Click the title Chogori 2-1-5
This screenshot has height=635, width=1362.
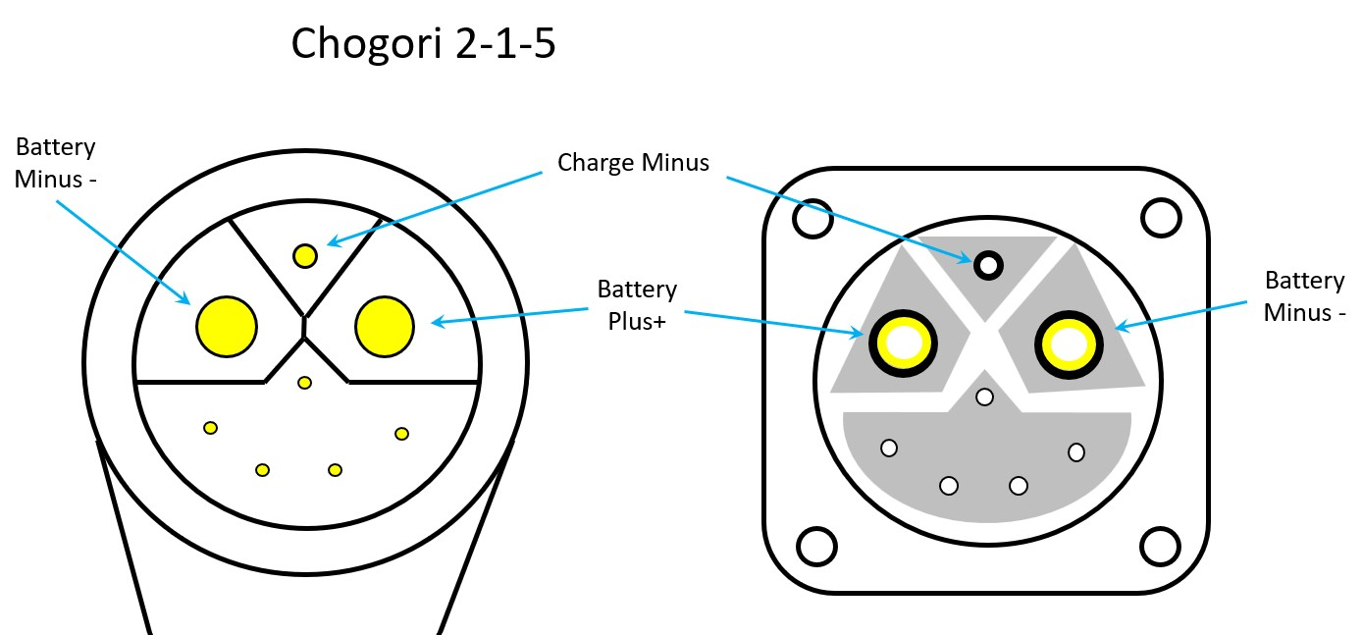[x=424, y=44]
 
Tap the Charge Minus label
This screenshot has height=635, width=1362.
[x=633, y=162]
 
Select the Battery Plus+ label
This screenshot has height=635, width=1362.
[x=637, y=304]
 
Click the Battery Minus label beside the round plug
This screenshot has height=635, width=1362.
[x=55, y=163]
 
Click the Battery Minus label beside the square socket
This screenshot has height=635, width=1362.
[x=1303, y=296]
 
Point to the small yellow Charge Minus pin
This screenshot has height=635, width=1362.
[x=305, y=256]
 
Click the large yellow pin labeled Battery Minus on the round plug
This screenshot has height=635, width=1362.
[x=226, y=326]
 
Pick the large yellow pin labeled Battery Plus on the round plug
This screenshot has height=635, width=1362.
[x=385, y=326]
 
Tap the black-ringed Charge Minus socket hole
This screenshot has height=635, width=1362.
[x=987, y=264]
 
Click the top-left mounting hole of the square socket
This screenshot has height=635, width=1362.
[x=812, y=219]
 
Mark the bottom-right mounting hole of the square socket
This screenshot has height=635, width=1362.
[x=1160, y=546]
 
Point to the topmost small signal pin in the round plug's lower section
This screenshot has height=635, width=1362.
[x=305, y=382]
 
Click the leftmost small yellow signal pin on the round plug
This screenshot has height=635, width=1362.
[x=210, y=427]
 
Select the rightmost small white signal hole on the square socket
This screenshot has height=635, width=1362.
[x=1076, y=451]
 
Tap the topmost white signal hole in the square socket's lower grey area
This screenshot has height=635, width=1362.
[x=985, y=397]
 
